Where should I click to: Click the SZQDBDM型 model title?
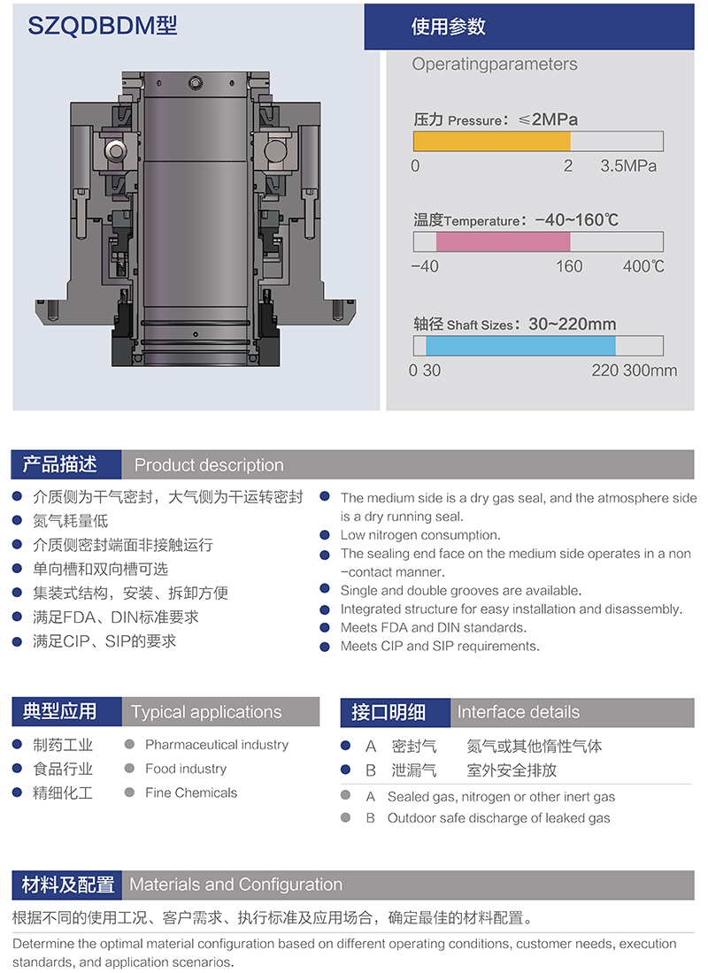[x=103, y=26]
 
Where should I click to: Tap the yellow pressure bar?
[x=492, y=141]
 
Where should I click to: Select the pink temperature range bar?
[x=503, y=241]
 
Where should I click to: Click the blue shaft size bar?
[x=520, y=346]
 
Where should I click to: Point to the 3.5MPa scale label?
[x=627, y=165]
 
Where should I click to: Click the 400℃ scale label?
[x=643, y=266]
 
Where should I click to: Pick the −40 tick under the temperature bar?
[x=425, y=266]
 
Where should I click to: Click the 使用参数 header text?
[x=448, y=27]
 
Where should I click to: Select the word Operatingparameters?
[x=495, y=64]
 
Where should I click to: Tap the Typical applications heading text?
[x=206, y=712]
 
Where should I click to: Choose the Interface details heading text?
[x=518, y=712]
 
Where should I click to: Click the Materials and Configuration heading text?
[x=236, y=885]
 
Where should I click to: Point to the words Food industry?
[x=186, y=769]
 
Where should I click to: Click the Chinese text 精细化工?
[x=63, y=793]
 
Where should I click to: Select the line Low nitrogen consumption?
[x=420, y=535]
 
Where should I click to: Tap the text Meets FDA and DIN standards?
[x=434, y=627]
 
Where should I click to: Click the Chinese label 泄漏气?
[x=413, y=770]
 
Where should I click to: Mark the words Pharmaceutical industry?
[x=217, y=745]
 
